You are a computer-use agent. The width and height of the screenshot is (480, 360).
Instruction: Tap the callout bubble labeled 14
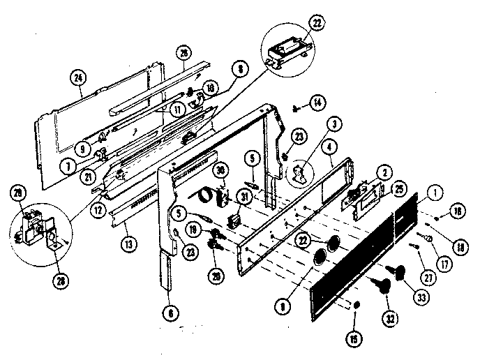tap(317, 104)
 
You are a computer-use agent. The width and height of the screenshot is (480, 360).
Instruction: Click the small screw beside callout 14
tap(299, 107)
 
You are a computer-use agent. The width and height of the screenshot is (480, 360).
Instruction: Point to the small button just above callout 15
tap(357, 305)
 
